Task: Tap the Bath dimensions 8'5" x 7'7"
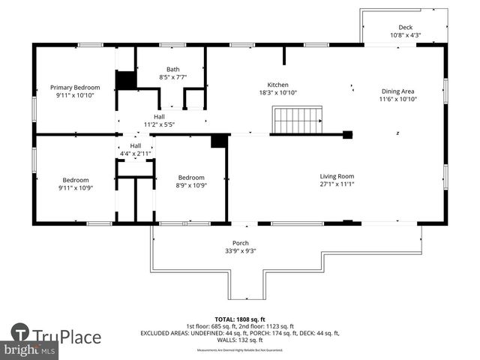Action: pyautogui.click(x=172, y=77)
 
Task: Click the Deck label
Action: pyautogui.click(x=406, y=27)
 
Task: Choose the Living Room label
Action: pyautogui.click(x=337, y=176)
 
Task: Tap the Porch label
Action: pyautogui.click(x=241, y=242)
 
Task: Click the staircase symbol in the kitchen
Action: pyautogui.click(x=298, y=120)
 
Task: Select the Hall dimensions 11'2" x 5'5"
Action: pyautogui.click(x=159, y=124)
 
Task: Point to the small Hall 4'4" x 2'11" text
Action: pyautogui.click(x=136, y=153)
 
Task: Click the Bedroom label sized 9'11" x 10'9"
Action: pyautogui.click(x=76, y=180)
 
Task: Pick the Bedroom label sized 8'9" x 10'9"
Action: pyautogui.click(x=191, y=177)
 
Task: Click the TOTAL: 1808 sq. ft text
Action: pyautogui.click(x=239, y=319)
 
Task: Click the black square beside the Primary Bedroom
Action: pyautogui.click(x=125, y=80)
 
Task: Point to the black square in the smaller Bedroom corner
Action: pyautogui.click(x=219, y=141)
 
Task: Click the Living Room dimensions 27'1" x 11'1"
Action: pyautogui.click(x=337, y=184)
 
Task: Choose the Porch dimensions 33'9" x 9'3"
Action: pyautogui.click(x=241, y=250)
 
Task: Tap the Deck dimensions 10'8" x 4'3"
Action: pyautogui.click(x=406, y=35)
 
